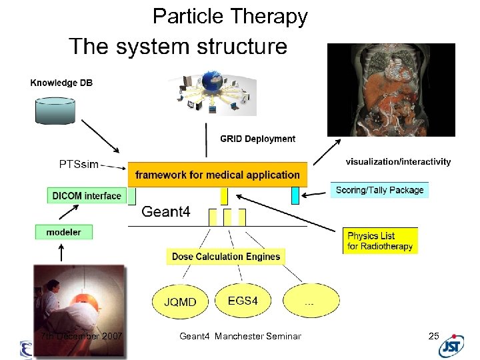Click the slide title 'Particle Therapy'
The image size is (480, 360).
(230, 16)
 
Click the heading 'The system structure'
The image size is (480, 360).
(178, 47)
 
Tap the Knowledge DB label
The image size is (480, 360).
(61, 83)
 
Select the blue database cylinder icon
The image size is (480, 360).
(62, 109)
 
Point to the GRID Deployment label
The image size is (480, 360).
(257, 139)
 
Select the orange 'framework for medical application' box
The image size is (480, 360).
(217, 175)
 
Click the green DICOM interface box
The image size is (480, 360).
(87, 195)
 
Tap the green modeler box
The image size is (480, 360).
(63, 232)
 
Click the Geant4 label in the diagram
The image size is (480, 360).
(166, 212)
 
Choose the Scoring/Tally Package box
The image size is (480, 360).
(379, 190)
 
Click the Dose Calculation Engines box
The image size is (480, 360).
(226, 257)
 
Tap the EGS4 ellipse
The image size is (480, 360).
(243, 301)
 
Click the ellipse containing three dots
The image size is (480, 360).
(310, 302)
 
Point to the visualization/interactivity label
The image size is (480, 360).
(398, 161)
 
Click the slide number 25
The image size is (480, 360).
(433, 336)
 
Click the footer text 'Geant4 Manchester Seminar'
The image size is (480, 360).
(240, 336)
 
